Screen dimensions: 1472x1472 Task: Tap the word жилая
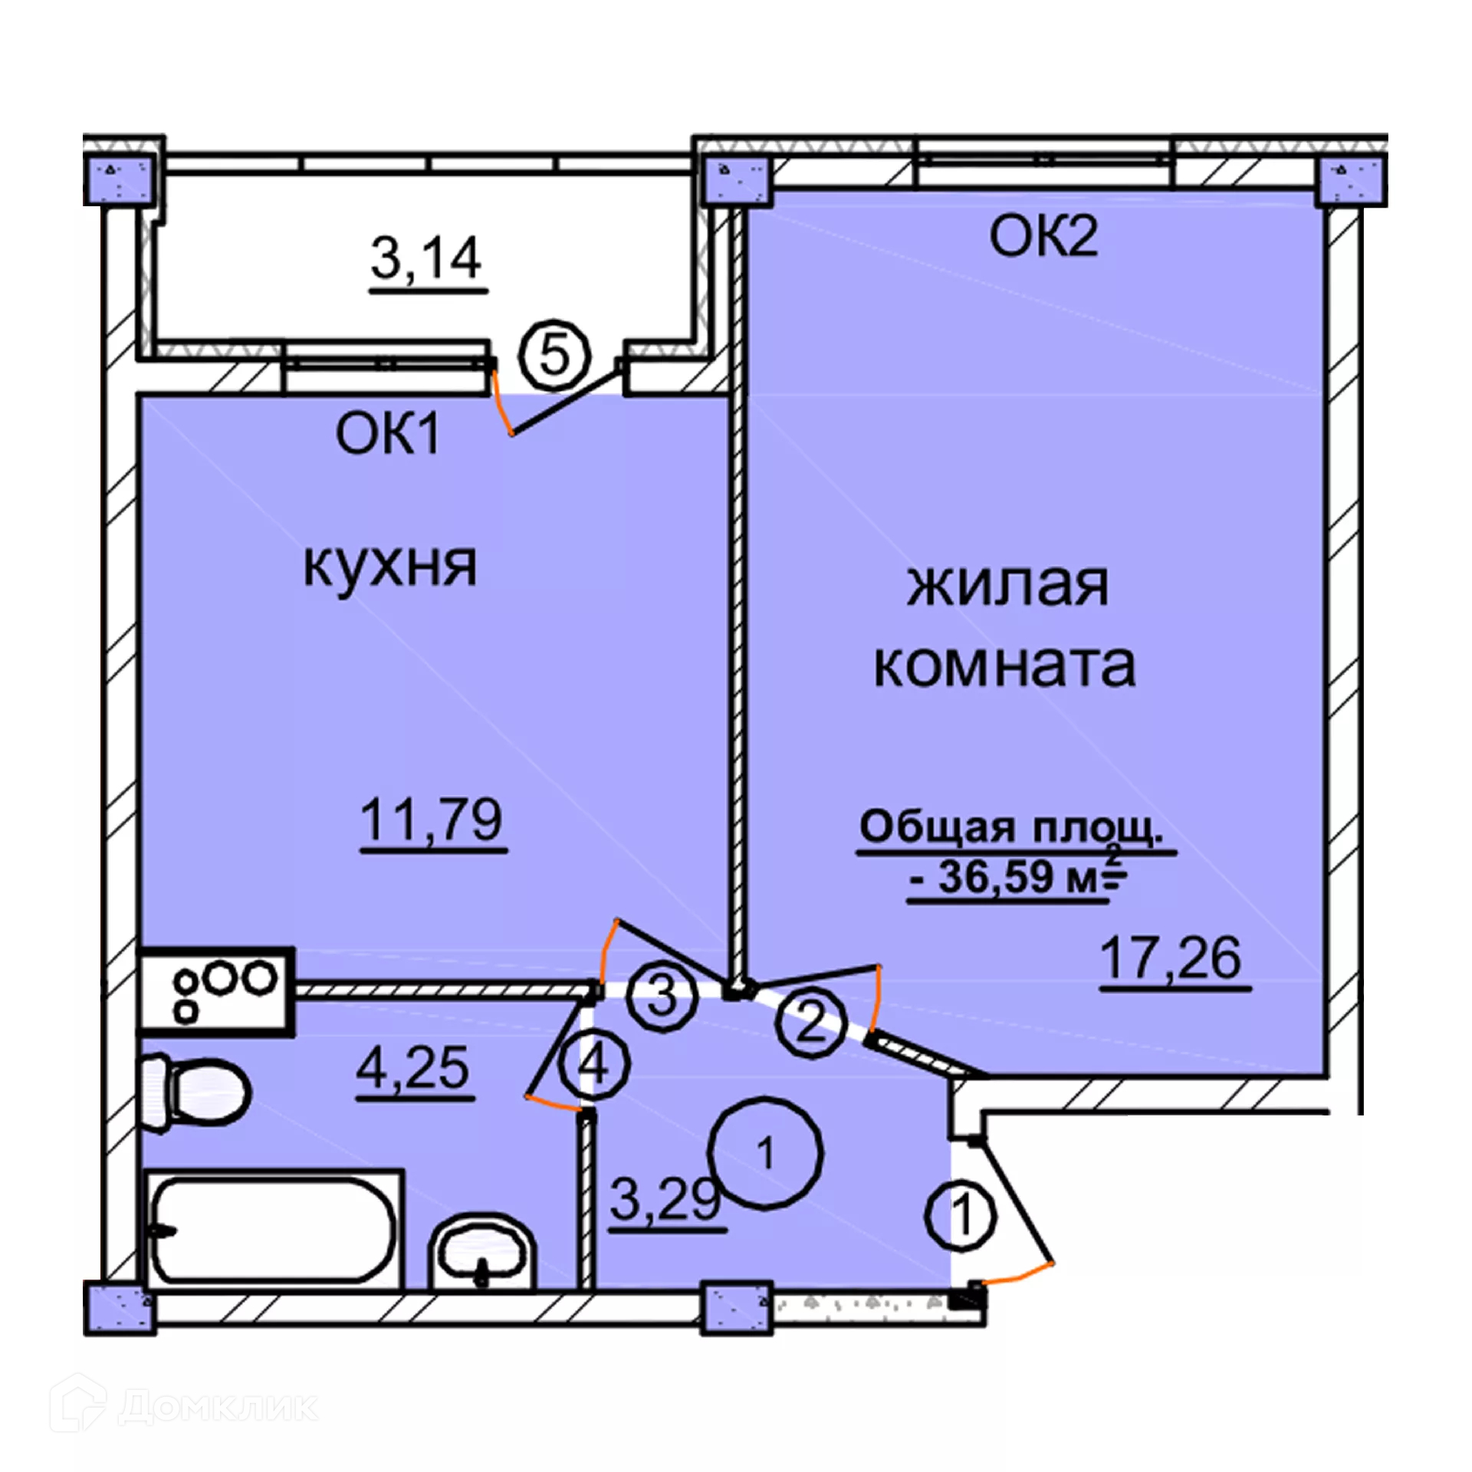coord(1007,586)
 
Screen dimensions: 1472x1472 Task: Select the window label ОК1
coord(388,434)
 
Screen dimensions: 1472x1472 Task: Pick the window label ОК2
coord(1043,236)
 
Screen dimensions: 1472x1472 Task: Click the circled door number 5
coord(555,356)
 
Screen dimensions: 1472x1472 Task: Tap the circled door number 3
coord(662,997)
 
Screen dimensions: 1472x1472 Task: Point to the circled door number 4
coord(594,1065)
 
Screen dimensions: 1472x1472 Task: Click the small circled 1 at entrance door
coord(961,1215)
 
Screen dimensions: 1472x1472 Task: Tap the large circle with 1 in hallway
coord(765,1153)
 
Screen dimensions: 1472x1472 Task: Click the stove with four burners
coord(216,993)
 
